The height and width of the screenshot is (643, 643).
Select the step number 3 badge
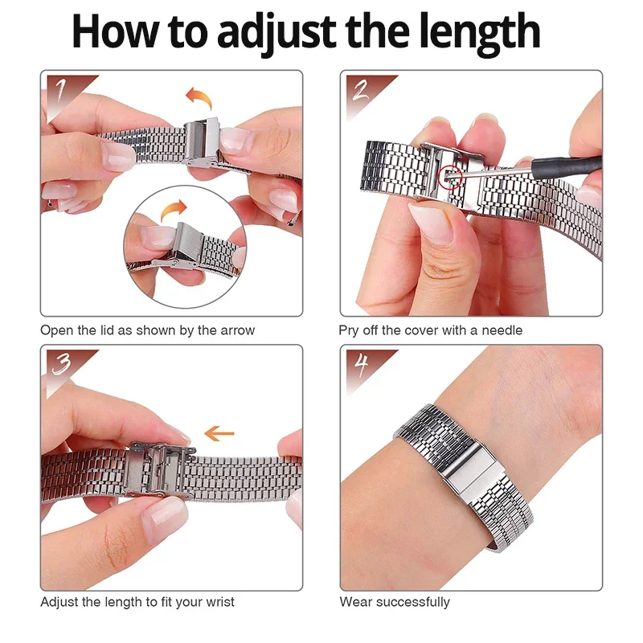click(61, 363)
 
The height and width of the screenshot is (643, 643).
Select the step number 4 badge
click(360, 363)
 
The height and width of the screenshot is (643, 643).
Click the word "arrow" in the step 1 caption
click(238, 330)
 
